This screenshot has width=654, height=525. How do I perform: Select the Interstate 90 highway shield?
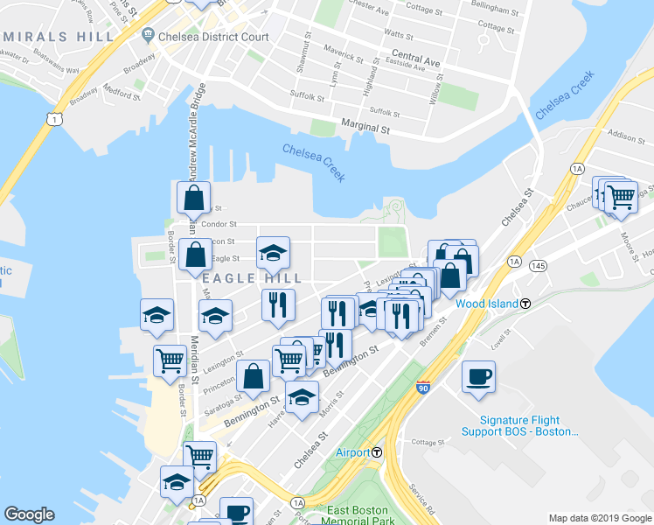coord(423,387)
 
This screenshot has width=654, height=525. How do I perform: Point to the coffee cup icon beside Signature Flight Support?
coord(478,377)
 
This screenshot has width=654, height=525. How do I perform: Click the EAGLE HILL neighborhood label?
coord(252,278)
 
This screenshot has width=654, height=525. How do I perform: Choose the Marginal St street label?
coord(365,128)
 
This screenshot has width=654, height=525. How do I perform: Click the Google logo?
coord(30,514)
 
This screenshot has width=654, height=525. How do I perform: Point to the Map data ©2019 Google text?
coord(598,518)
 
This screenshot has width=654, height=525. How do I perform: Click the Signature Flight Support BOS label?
coord(529,425)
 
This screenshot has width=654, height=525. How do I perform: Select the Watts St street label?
coord(398,34)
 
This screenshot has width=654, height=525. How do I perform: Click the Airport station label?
coord(353,452)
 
